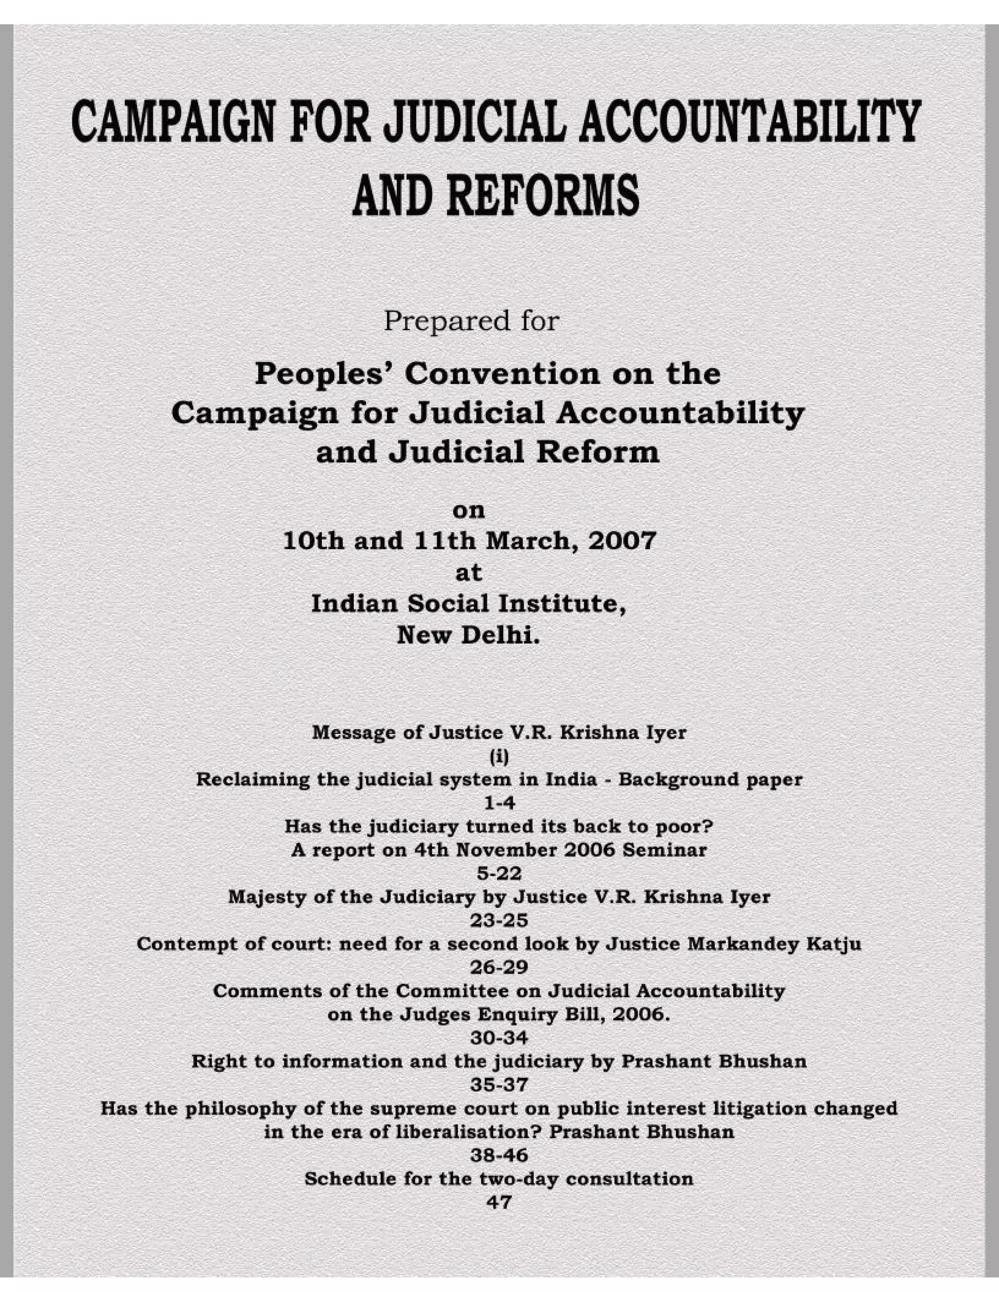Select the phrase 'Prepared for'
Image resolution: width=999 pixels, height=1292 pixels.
tap(471, 321)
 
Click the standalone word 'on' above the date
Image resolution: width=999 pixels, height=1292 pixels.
tap(469, 510)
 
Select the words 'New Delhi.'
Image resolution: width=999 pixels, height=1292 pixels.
tap(469, 635)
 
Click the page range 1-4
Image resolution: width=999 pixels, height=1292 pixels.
tap(499, 803)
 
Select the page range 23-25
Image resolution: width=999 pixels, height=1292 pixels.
tap(499, 920)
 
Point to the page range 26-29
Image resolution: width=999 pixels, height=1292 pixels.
tap(499, 967)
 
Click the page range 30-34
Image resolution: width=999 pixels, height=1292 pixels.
tap(499, 1038)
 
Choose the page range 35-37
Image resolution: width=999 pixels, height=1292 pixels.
tap(499, 1084)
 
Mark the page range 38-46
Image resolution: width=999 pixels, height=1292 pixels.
tap(499, 1155)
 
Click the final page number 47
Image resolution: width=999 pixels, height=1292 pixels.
tap(499, 1202)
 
